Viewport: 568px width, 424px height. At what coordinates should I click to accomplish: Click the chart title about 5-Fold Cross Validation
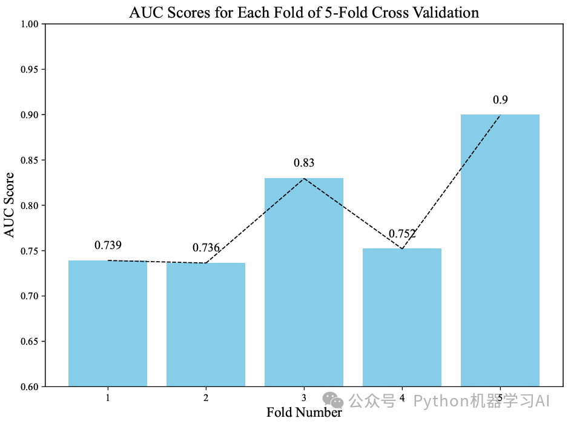[x=304, y=12]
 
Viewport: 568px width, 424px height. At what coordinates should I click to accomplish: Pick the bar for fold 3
[x=304, y=282]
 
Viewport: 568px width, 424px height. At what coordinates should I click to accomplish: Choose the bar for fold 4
[x=402, y=317]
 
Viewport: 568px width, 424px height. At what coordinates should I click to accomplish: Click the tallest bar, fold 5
[x=500, y=250]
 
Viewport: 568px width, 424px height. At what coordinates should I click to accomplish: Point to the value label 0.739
[x=108, y=245]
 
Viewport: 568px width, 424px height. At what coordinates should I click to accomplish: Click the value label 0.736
[x=206, y=248]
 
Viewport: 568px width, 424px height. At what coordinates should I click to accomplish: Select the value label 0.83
[x=304, y=163]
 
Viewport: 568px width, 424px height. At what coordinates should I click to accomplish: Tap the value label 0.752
[x=402, y=233]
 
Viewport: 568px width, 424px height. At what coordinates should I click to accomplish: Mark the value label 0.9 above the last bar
[x=500, y=99]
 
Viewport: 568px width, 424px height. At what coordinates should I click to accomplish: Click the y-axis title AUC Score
[x=10, y=205]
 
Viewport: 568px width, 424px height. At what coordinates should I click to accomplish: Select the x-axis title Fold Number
[x=304, y=412]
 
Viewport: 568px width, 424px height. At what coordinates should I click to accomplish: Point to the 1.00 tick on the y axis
[x=31, y=24]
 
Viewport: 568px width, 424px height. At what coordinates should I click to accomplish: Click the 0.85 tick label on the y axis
[x=31, y=161]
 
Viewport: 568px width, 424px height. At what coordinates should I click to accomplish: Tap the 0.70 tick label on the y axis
[x=31, y=296]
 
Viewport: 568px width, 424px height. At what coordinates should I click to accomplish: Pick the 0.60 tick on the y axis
[x=31, y=387]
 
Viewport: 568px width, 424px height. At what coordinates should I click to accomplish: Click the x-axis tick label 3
[x=304, y=398]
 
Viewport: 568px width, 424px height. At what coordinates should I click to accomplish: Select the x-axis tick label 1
[x=108, y=398]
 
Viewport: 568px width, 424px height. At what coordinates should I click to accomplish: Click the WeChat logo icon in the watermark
[x=332, y=400]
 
